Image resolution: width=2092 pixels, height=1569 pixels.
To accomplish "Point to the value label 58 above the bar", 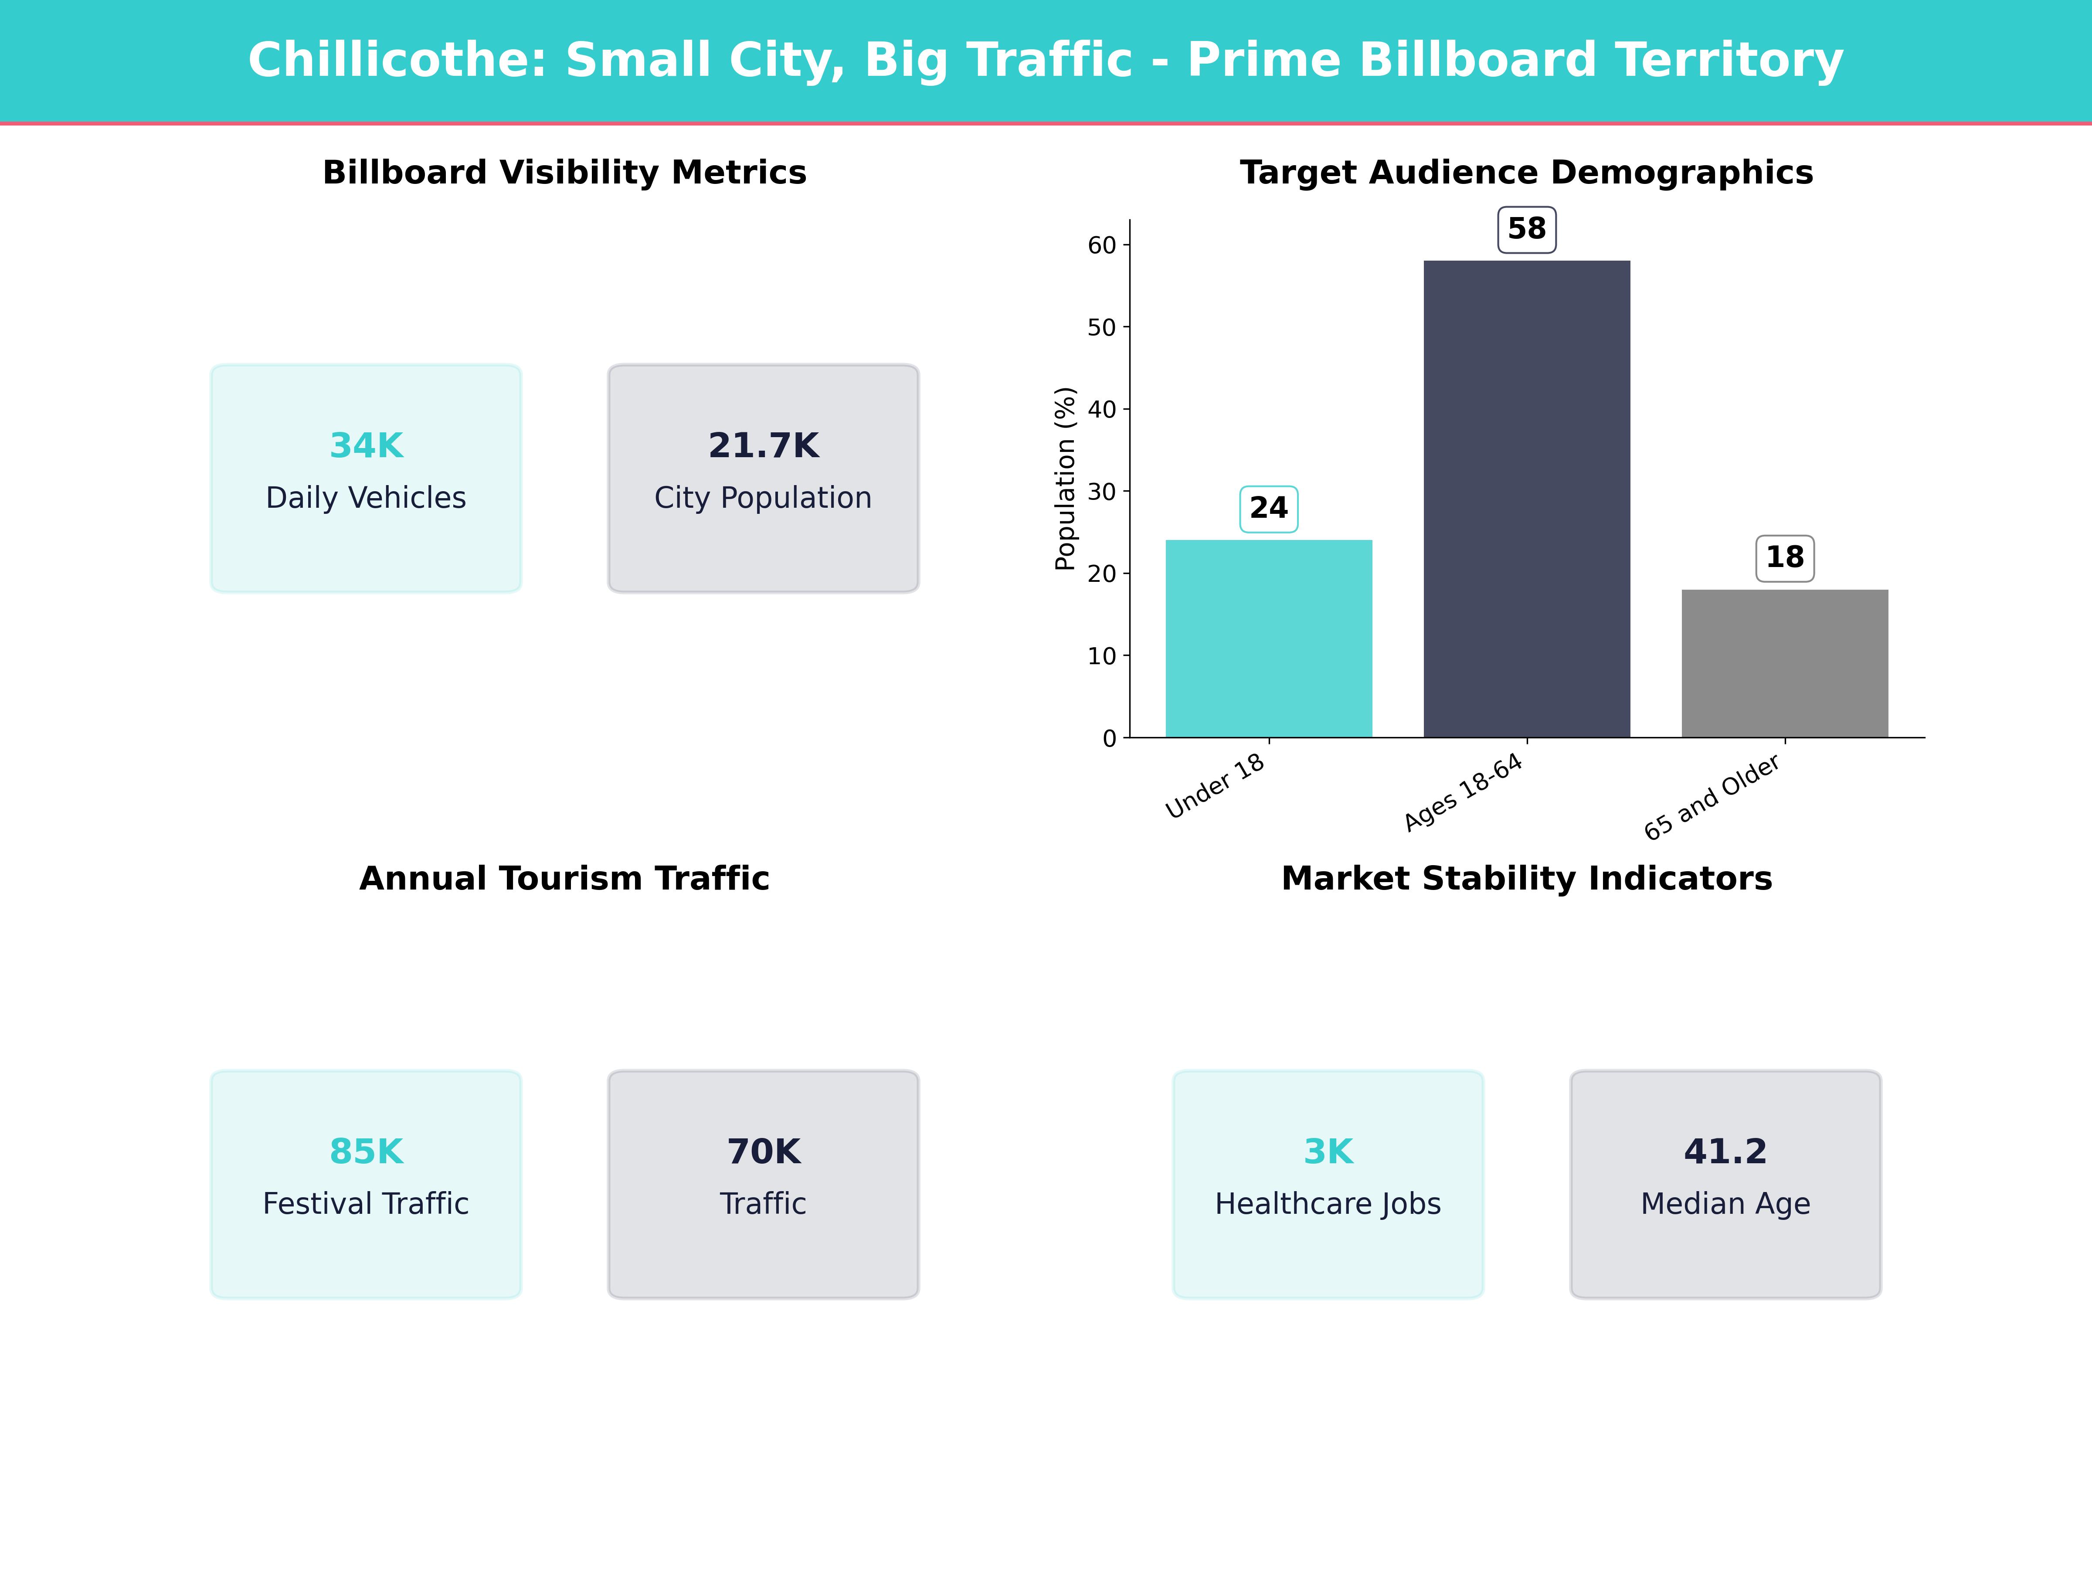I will point(1526,229).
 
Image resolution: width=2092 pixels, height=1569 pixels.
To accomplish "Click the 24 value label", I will point(1268,509).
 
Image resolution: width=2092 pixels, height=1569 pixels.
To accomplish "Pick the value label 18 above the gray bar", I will point(1785,558).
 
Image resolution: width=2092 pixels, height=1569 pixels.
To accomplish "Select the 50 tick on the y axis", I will point(1102,327).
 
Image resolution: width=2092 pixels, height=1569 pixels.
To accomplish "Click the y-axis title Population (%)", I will point(1066,479).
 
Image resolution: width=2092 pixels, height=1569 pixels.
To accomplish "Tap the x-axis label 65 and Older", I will point(1713,797).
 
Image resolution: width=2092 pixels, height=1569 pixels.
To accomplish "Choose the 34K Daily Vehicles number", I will point(366,445).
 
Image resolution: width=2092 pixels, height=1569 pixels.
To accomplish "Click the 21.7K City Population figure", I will point(763,445).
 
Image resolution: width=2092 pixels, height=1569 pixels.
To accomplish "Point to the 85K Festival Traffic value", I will point(366,1152).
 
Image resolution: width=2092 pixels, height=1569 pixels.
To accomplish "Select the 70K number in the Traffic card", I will point(763,1152).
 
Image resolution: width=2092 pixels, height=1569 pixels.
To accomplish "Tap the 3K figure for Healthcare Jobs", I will point(1328,1152).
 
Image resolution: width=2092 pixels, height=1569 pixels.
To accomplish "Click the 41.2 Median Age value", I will point(1725,1152).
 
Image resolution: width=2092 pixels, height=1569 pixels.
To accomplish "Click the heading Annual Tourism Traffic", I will point(564,879).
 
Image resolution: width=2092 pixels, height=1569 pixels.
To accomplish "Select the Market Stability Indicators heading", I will point(1526,879).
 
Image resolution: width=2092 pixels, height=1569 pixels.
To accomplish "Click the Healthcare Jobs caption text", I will point(1328,1204).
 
